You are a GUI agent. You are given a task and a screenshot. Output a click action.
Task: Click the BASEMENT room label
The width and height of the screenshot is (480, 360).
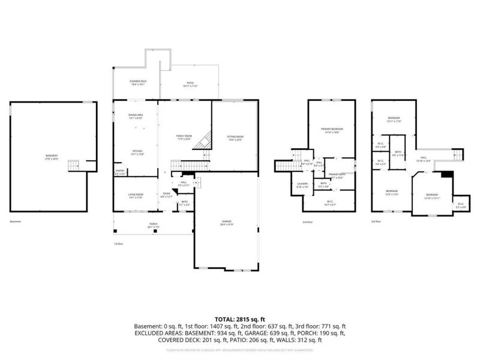(x=52, y=157)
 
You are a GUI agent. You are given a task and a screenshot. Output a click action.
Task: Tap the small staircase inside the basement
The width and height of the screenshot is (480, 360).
(x=74, y=165)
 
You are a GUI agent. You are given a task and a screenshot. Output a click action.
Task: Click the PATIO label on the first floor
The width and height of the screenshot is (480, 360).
(x=190, y=85)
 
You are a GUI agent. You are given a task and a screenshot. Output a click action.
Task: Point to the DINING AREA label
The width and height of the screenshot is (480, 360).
(x=136, y=116)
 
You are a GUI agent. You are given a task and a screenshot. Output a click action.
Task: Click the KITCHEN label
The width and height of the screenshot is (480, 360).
(x=137, y=152)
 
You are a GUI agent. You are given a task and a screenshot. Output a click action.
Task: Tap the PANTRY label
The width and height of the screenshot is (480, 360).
(x=121, y=172)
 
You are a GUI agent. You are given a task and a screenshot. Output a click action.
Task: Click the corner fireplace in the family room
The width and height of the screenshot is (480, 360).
(x=205, y=140)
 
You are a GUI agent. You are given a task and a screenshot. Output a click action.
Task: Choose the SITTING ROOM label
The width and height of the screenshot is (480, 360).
(x=235, y=138)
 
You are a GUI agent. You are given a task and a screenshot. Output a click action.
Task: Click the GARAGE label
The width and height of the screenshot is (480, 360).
(x=226, y=223)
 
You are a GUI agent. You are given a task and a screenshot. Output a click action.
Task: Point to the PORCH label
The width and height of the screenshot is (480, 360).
(x=154, y=226)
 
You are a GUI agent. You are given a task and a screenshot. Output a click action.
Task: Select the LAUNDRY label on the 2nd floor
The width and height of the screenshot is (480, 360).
(x=302, y=185)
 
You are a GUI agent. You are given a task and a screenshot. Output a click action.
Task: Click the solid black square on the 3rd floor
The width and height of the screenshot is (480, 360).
(x=445, y=175)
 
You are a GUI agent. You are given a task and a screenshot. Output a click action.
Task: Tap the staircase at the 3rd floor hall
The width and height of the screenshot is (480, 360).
(x=458, y=155)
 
